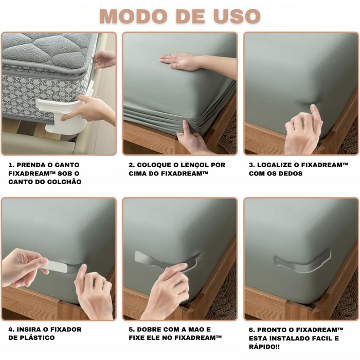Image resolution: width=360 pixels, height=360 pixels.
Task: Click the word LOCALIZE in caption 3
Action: (x=274, y=165)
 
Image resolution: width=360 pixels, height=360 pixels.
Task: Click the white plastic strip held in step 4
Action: (x=55, y=266)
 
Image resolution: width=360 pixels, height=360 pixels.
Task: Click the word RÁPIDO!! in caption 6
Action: (x=264, y=347)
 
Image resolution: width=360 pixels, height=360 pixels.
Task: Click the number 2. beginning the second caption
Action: (x=132, y=165)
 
